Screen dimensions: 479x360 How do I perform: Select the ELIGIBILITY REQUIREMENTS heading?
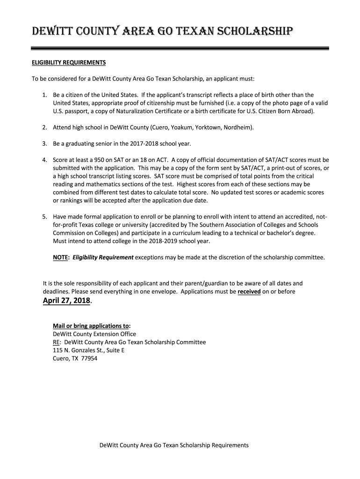[69, 62]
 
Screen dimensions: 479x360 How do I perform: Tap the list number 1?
[44, 94]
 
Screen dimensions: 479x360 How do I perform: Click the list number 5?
[44, 217]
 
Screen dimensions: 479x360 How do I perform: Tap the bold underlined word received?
[249, 291]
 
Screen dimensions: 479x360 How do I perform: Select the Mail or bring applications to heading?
[92, 326]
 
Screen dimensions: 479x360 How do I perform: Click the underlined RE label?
[56, 342]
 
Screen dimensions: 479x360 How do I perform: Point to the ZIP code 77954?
[89, 359]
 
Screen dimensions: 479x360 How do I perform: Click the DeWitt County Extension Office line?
[94, 334]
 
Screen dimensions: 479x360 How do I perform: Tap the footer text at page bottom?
[174, 445]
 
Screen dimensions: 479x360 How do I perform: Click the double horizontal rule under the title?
[180, 48]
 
